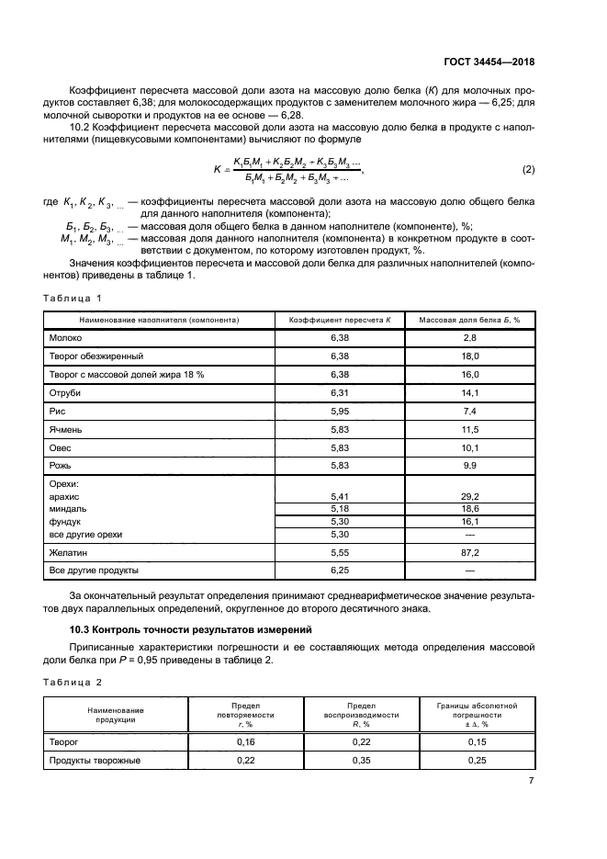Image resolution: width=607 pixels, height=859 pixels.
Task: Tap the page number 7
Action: click(x=531, y=781)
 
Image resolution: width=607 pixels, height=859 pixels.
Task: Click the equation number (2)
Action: click(x=528, y=169)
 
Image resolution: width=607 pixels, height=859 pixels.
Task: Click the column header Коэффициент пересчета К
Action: click(x=340, y=320)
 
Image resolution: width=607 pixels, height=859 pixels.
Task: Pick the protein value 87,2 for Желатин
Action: click(x=470, y=553)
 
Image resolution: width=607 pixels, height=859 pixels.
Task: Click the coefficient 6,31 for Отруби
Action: click(x=340, y=390)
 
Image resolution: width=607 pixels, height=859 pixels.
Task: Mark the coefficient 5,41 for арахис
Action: click(x=340, y=496)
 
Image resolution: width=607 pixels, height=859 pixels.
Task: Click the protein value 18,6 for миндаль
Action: click(x=470, y=508)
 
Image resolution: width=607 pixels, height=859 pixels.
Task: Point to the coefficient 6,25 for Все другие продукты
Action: click(x=340, y=571)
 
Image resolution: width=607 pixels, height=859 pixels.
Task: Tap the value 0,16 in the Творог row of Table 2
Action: click(x=220, y=740)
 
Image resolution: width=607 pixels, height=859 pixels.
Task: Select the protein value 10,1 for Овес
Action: click(x=470, y=447)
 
